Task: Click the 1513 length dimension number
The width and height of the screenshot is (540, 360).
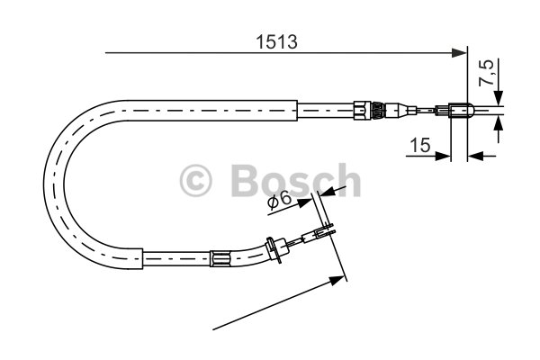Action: point(276,42)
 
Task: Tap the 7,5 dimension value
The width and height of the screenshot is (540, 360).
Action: point(486,73)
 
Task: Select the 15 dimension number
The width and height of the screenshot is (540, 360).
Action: point(420,145)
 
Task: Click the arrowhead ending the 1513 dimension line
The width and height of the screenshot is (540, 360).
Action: point(459,53)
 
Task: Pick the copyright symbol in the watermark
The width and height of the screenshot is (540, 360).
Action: point(196,180)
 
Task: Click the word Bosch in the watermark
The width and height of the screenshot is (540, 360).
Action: point(295,180)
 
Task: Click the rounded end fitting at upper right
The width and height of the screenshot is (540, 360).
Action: point(462,111)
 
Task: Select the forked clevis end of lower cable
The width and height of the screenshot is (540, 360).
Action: point(325,231)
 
